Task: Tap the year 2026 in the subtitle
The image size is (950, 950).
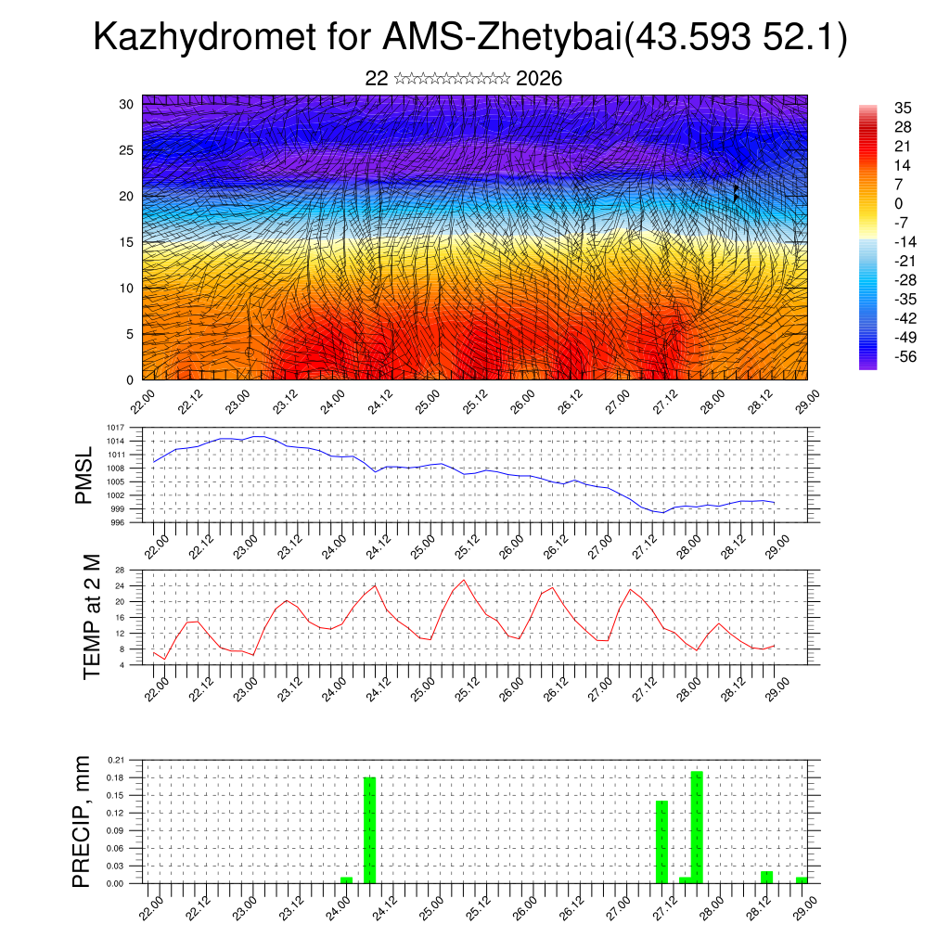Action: coord(539,79)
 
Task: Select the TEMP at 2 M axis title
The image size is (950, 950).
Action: coord(91,617)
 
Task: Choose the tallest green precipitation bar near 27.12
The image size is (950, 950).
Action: coord(697,826)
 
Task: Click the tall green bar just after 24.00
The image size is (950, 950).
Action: coord(369,829)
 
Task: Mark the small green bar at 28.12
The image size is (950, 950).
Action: coord(766,877)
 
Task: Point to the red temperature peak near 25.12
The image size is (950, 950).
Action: coord(464,581)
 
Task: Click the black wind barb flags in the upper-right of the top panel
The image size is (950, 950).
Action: coord(736,192)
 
